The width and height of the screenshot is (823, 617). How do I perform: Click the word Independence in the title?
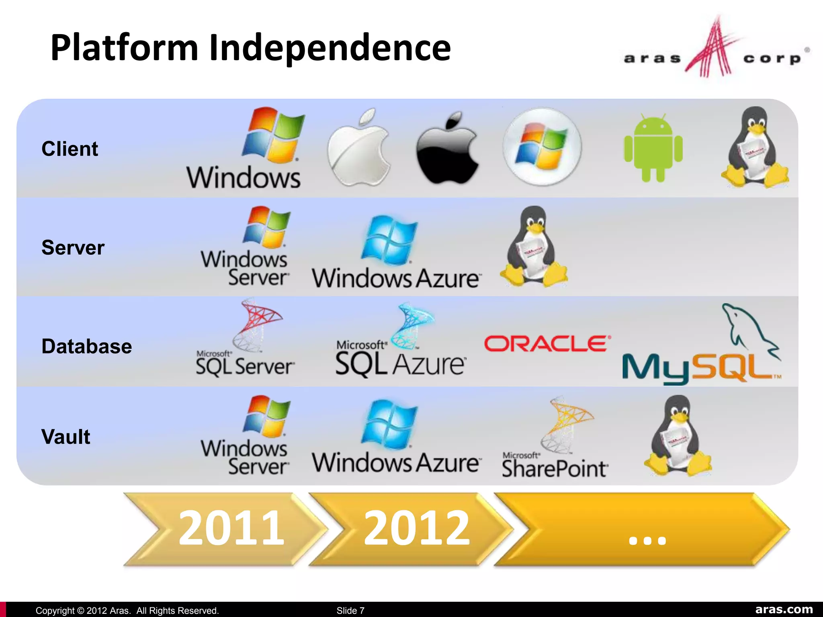[330, 48]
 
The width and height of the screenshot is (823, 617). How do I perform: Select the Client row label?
[70, 149]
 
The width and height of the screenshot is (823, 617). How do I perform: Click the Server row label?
[73, 247]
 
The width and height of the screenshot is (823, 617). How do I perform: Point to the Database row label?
[86, 346]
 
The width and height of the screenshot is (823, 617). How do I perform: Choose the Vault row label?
[66, 437]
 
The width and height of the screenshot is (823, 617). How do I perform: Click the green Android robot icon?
[653, 148]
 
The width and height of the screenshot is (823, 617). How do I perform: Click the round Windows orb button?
[542, 147]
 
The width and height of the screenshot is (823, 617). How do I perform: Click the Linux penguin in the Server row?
[534, 247]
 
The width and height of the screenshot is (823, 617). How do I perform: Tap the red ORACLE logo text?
[547, 344]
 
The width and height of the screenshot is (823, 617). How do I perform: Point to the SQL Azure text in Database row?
[400, 364]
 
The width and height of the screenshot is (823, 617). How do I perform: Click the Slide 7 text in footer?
[350, 611]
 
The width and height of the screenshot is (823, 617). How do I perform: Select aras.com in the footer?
[784, 609]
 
